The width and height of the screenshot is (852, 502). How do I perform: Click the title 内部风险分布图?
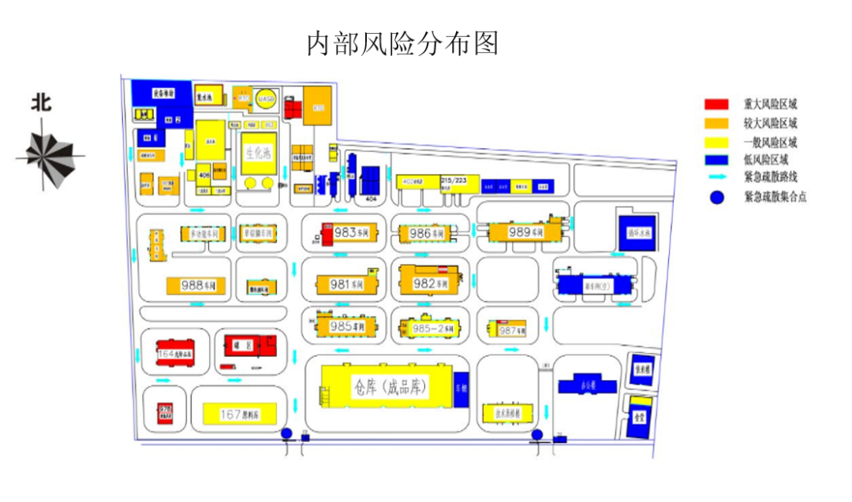pyautogui.click(x=402, y=44)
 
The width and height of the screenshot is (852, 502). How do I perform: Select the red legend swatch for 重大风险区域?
pyautogui.click(x=716, y=104)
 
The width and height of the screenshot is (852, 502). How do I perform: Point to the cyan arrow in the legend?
pyautogui.click(x=716, y=178)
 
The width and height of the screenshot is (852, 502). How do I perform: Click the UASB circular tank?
pyautogui.click(x=266, y=99)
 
